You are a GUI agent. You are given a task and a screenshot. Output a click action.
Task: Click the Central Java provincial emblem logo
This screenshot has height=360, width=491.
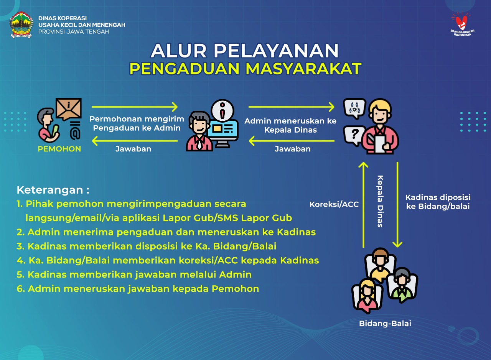[22, 25]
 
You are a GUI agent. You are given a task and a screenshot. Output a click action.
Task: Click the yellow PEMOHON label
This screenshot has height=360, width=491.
[59, 149]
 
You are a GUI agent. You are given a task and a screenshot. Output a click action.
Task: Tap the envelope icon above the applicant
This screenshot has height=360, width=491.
[69, 108]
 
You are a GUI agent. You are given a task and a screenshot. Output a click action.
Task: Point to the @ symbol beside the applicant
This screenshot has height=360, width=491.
[75, 133]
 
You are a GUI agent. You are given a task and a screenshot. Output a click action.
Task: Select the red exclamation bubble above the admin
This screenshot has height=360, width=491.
[222, 109]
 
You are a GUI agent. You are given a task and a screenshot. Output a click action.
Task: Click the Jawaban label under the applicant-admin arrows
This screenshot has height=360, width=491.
[133, 149]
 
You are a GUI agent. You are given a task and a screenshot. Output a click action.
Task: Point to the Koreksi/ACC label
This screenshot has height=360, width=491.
[334, 204]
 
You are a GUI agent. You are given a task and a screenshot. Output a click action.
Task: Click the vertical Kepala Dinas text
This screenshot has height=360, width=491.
[380, 201]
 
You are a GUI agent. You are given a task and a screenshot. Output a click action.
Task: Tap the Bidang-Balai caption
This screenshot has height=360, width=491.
[385, 324]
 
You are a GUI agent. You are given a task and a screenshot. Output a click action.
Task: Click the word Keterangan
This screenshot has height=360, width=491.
[50, 190]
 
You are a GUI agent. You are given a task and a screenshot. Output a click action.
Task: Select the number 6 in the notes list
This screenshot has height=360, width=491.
[20, 289]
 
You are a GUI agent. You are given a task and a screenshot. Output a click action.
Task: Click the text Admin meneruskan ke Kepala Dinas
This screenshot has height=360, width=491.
[290, 125]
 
